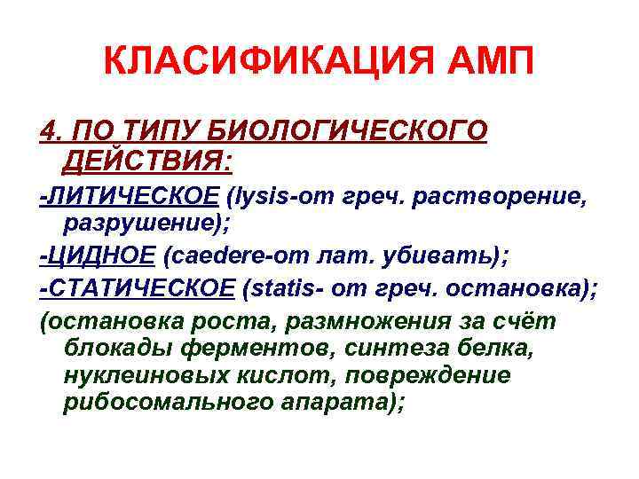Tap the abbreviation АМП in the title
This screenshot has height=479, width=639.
pyautogui.click(x=486, y=63)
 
